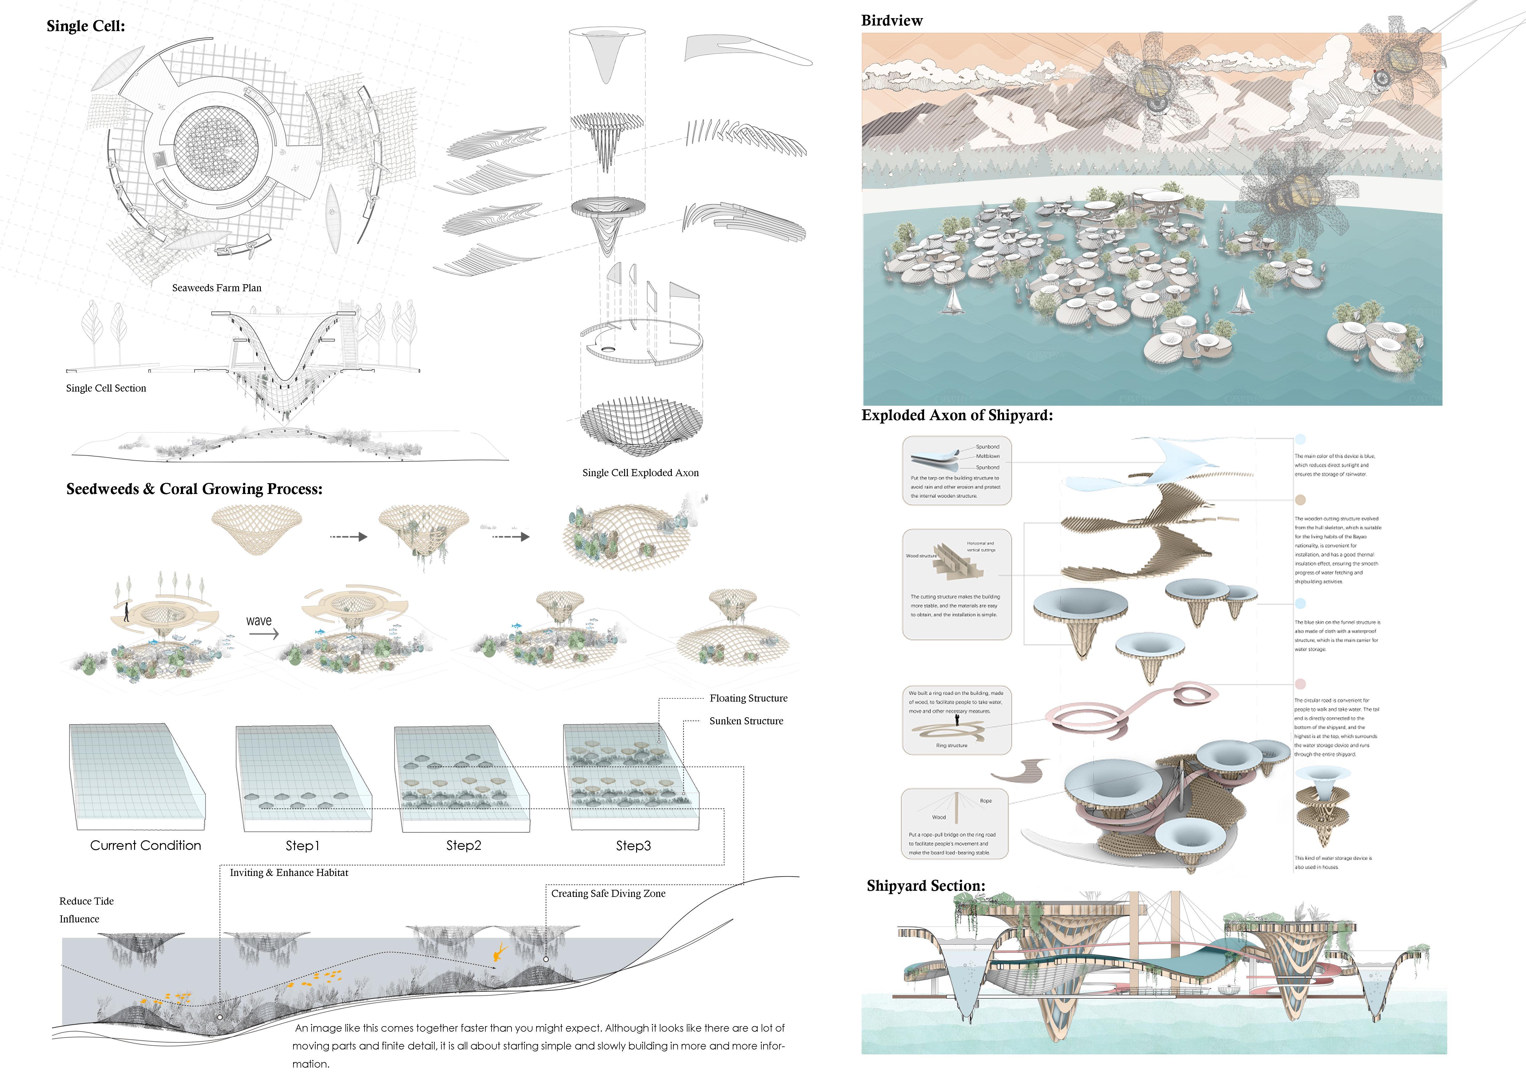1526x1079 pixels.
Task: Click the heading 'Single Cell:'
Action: click(x=86, y=26)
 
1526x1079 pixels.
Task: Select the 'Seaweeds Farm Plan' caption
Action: click(x=217, y=288)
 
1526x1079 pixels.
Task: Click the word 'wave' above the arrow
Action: click(x=259, y=621)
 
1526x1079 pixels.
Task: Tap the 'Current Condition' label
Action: click(x=145, y=845)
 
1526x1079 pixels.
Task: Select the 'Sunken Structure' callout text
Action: click(x=746, y=721)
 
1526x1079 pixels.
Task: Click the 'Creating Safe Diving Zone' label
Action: click(x=608, y=894)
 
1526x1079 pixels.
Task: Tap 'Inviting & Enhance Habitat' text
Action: click(x=289, y=872)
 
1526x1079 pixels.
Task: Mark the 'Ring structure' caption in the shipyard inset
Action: click(x=952, y=746)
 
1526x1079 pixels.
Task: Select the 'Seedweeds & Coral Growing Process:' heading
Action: click(x=194, y=489)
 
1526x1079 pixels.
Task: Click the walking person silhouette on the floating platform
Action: click(x=126, y=612)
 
